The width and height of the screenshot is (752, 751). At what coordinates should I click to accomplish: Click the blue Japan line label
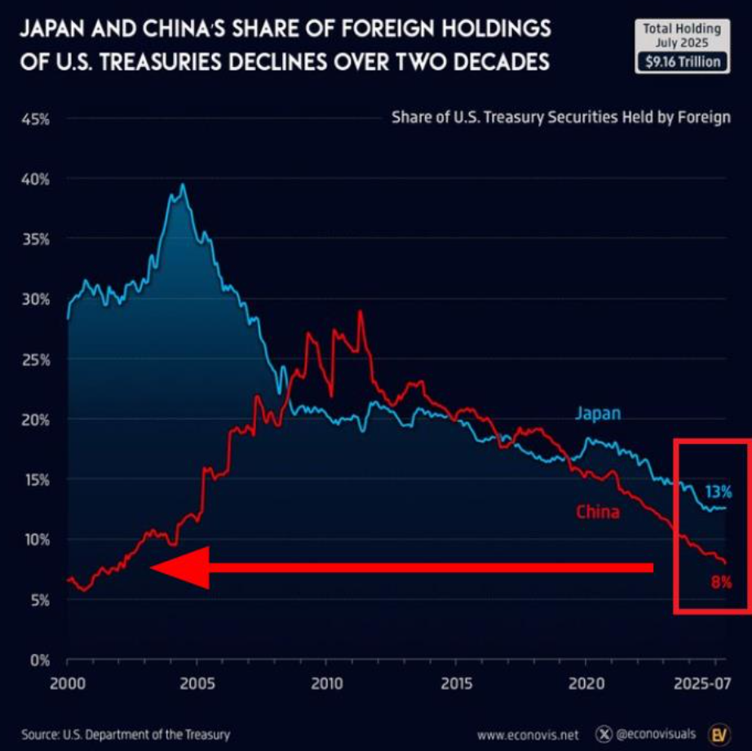598,414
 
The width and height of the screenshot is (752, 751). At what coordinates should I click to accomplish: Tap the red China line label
597,513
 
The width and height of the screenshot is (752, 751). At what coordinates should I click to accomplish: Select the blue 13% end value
718,492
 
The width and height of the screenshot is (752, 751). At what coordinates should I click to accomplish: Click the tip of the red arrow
153,568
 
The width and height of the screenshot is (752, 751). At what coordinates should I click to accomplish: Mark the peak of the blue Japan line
183,184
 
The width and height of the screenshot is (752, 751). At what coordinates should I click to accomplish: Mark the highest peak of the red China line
360,311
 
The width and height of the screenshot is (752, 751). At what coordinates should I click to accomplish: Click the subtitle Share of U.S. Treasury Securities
561,118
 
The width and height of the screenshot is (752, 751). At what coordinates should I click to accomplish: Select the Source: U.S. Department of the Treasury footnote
126,734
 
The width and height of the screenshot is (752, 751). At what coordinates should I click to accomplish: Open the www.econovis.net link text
529,735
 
